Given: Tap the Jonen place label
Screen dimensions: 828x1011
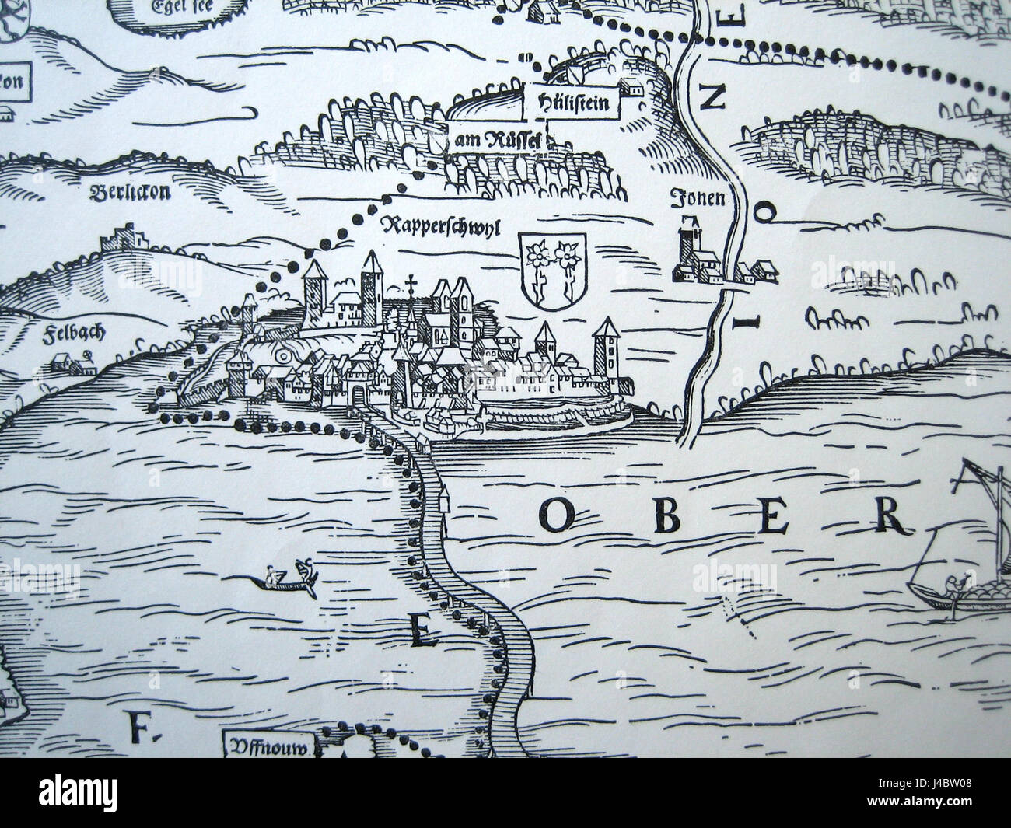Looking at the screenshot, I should coord(698,199).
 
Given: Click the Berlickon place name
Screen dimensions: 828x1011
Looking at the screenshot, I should coord(130,193).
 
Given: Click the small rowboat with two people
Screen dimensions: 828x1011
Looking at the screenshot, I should coord(289,578).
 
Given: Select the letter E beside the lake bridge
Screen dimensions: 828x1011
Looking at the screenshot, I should coord(420,631).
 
